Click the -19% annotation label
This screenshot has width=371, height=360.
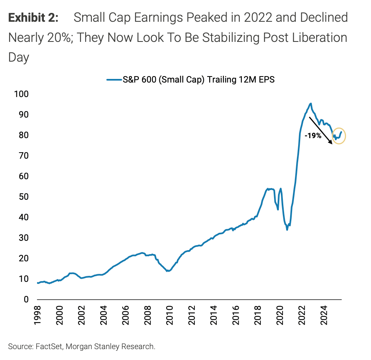pos(313,136)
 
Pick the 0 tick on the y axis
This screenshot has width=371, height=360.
pos(27,300)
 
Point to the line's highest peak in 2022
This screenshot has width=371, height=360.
pos(311,103)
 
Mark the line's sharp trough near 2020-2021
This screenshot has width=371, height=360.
pos(287,229)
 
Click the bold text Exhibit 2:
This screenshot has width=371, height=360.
pos(33,18)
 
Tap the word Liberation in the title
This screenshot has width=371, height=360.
pos(314,37)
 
